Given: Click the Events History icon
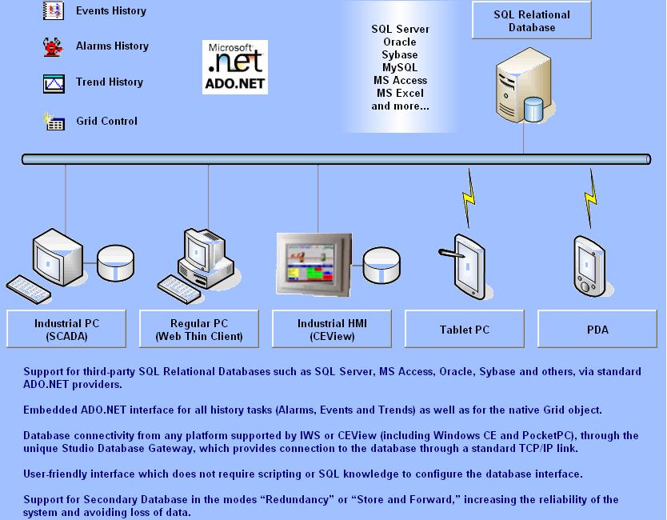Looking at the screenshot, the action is click(x=53, y=10).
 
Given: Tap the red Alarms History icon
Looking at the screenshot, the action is click(x=53, y=47).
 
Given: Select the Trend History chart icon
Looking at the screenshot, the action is click(x=54, y=83).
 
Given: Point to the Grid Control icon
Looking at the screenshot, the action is click(x=54, y=122).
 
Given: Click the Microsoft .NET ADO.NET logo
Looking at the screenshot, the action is click(x=235, y=67).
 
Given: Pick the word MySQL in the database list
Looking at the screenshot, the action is click(x=400, y=68).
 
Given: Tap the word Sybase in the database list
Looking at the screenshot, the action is click(x=400, y=55).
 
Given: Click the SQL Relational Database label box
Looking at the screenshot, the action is click(x=532, y=20).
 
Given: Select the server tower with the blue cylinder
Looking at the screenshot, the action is click(x=525, y=85).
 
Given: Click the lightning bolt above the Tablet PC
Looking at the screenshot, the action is click(x=469, y=198).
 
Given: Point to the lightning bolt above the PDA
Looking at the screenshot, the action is click(x=590, y=198).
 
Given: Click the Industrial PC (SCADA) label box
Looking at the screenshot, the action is click(x=66, y=329).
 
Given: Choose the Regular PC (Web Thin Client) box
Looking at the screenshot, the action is click(x=199, y=329).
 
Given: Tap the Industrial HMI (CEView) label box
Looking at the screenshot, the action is click(x=332, y=329).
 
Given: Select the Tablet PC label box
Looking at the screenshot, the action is click(x=465, y=329).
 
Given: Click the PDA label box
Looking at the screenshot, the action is click(x=597, y=329).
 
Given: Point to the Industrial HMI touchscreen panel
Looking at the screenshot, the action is click(x=314, y=264).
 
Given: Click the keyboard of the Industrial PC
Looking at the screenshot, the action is click(x=28, y=290).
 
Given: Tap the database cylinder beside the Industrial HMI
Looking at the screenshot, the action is click(x=381, y=265).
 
